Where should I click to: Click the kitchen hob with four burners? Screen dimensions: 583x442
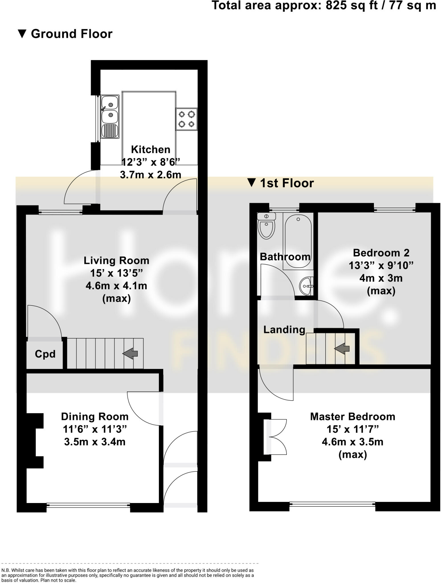[187, 119]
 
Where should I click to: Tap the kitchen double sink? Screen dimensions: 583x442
[110, 117]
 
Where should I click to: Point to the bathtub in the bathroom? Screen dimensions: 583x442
[298, 241]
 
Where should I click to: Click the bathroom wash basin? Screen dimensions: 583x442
[306, 286]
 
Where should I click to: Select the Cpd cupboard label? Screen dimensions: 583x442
[45, 354]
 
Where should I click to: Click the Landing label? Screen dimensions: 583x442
[284, 330]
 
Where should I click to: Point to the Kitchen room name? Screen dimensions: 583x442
[150, 149]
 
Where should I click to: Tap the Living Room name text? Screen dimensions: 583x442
[116, 260]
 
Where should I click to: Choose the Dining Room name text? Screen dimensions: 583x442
[95, 417]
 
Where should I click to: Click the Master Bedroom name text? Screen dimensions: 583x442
[353, 417]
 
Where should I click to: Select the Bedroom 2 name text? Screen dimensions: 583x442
[381, 253]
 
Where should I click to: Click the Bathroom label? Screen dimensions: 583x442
[285, 257]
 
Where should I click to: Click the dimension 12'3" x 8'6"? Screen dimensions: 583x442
[151, 162]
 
